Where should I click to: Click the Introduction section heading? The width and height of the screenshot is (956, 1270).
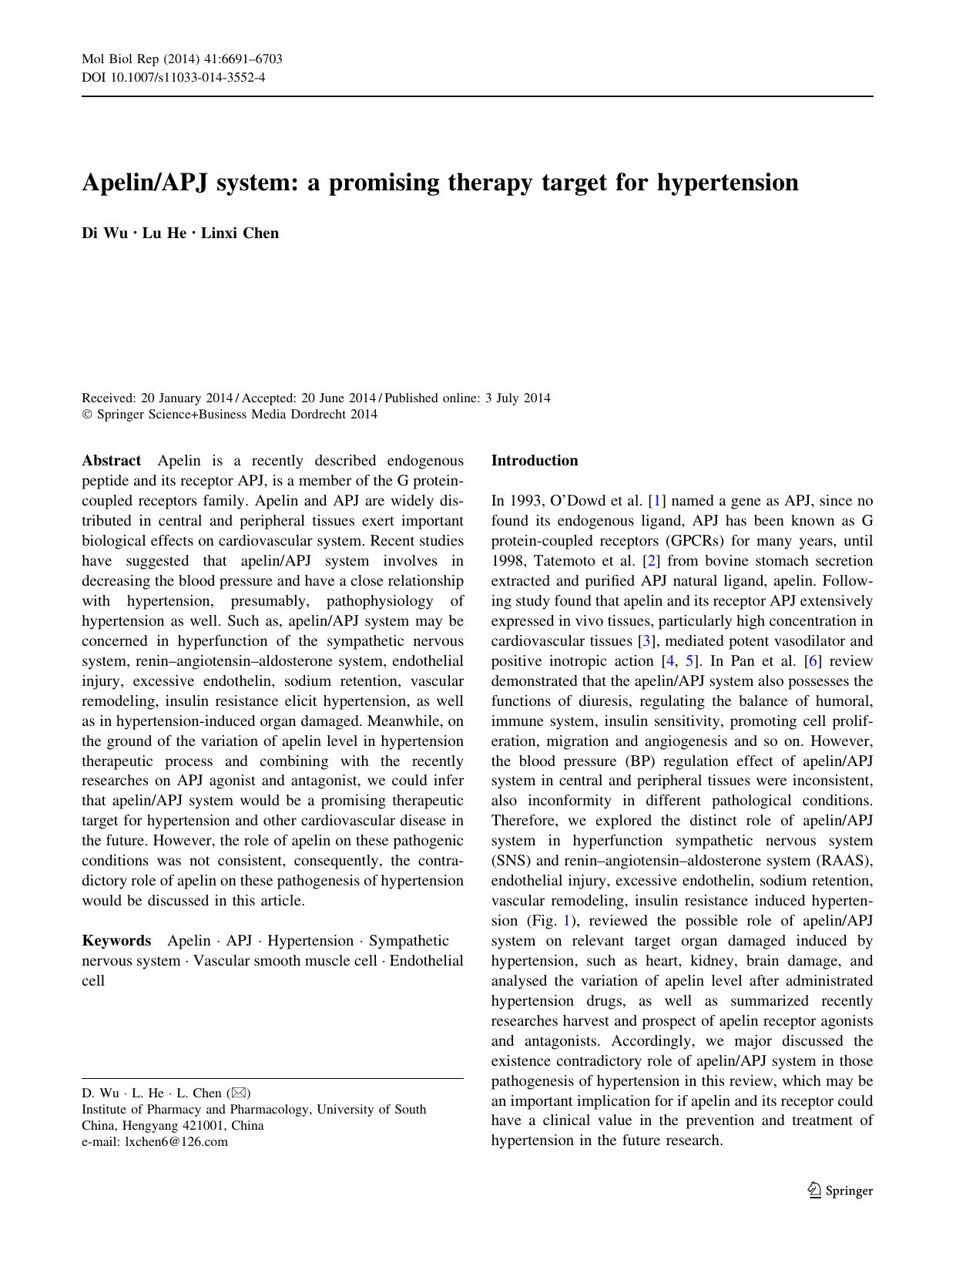tap(534, 461)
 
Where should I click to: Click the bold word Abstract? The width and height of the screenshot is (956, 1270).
tap(111, 461)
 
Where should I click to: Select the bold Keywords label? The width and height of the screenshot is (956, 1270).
tap(116, 941)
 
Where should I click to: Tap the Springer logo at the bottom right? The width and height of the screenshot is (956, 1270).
tap(840, 1191)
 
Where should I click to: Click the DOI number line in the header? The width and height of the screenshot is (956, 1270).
tap(173, 77)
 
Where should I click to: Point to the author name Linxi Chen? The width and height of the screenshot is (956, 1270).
tap(240, 234)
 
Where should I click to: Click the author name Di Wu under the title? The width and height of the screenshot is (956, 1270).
tap(105, 234)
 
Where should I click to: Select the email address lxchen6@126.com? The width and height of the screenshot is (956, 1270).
tap(176, 1142)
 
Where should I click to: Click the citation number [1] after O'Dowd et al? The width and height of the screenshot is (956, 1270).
tap(657, 501)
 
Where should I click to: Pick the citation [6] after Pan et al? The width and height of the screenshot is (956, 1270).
tap(810, 661)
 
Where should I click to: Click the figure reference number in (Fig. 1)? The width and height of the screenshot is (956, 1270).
tap(569, 921)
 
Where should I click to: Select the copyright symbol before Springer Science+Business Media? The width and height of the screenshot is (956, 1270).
tap(87, 415)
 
